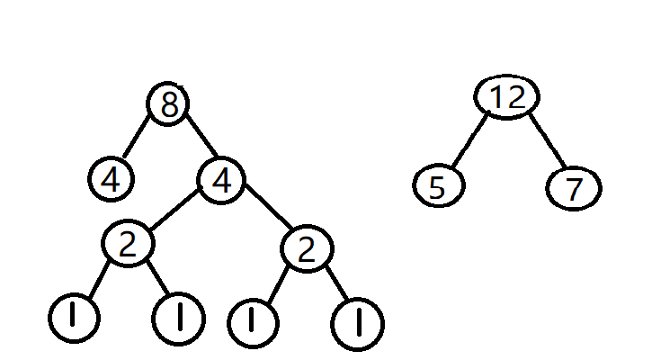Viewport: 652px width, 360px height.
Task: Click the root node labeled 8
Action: click(168, 105)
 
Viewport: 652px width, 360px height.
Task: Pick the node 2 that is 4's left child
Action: click(128, 244)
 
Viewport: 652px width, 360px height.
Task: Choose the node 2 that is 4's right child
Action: click(307, 248)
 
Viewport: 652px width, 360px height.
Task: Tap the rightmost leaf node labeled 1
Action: click(357, 323)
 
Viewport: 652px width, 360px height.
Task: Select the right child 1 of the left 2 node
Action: click(179, 317)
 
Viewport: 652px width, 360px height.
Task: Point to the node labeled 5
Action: click(439, 187)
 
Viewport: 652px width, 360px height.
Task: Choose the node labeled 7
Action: click(573, 190)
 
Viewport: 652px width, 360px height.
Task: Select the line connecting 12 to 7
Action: click(545, 141)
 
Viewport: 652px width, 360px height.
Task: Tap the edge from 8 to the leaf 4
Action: click(138, 139)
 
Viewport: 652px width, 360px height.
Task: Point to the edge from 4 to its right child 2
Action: click(266, 213)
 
